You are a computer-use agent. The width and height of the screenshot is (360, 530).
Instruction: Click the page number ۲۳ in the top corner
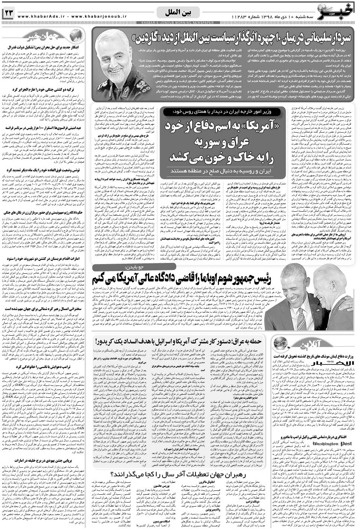pyautogui.click(x=9, y=14)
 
